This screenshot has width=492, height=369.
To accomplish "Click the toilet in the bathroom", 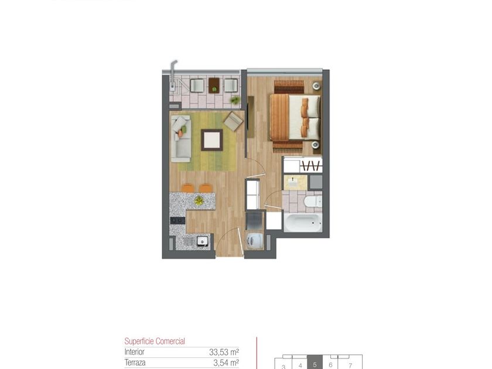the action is [313, 201].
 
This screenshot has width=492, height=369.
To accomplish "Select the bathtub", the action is [303, 223].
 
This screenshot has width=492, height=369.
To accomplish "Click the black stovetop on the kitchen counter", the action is [177, 220].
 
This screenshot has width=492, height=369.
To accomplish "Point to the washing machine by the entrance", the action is [255, 241].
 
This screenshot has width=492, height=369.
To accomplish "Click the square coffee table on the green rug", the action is [212, 140].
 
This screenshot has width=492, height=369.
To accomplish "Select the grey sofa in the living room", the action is [181, 138].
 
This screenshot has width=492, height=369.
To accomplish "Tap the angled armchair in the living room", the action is [233, 121].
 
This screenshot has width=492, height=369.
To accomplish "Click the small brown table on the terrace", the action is [214, 86].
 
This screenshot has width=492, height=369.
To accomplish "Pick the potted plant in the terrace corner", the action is [234, 100].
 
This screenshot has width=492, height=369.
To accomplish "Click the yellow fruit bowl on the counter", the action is [199, 200].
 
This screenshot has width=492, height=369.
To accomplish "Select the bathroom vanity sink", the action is [295, 183].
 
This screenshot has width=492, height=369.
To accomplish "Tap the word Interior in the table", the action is [134, 352].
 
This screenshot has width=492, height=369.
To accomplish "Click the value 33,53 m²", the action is [224, 352].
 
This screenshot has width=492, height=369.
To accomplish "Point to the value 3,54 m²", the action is [226, 363].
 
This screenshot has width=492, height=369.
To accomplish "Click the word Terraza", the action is [135, 363].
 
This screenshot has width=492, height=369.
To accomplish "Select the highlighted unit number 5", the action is [315, 365].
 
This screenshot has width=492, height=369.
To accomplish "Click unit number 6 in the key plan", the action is [330, 365].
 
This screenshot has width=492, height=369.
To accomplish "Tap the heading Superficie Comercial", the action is [155, 341].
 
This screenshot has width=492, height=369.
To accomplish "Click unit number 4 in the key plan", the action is [300, 365].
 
